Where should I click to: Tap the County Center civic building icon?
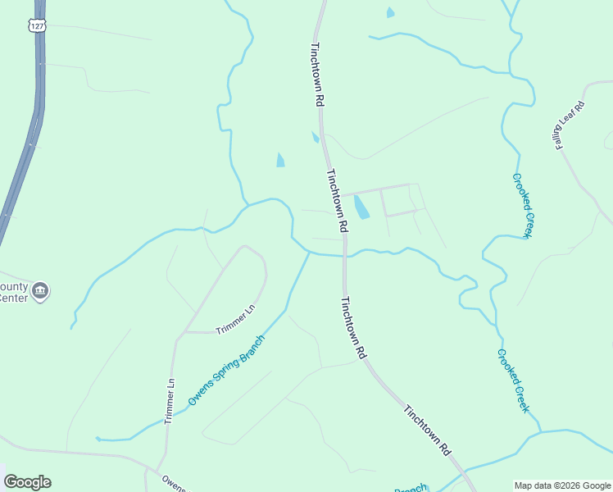click(x=40, y=289)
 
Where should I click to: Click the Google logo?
click(x=27, y=482)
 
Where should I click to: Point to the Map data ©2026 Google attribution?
click(x=561, y=485)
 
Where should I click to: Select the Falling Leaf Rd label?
click(x=569, y=125)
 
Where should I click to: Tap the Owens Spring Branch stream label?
click(x=226, y=371)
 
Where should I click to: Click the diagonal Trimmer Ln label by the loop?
click(x=236, y=319)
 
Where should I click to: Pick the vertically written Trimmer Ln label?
click(x=170, y=400)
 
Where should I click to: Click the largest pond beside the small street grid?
click(x=361, y=207)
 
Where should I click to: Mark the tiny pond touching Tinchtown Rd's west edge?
click(x=316, y=138)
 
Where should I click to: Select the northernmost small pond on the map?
click(x=390, y=12)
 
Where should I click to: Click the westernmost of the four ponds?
click(x=281, y=159)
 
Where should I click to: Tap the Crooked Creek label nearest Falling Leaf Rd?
click(x=523, y=205)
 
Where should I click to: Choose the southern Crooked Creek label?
click(x=513, y=380)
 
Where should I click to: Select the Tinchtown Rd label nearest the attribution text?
click(x=428, y=430)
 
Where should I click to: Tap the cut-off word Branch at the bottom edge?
click(x=411, y=489)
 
